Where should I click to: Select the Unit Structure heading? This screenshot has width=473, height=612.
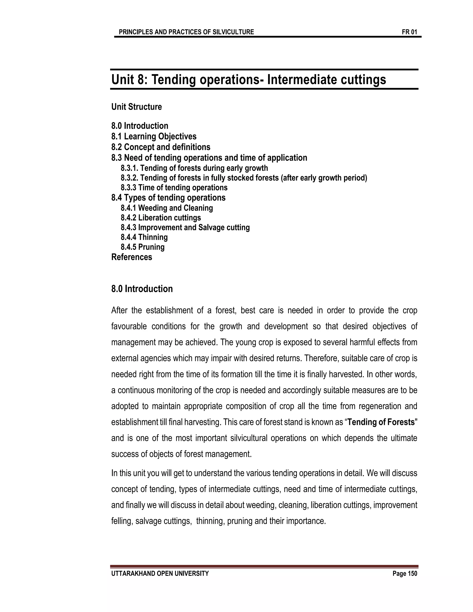click(x=136, y=107)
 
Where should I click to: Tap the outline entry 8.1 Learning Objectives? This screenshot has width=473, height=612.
click(x=154, y=136)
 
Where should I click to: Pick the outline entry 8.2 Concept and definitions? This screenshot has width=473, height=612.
click(x=161, y=147)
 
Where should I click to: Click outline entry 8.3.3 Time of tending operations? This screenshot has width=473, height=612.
click(x=174, y=188)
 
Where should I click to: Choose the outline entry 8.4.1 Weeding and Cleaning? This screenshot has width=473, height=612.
click(x=167, y=208)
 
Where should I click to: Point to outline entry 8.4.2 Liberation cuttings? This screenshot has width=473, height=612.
click(x=161, y=218)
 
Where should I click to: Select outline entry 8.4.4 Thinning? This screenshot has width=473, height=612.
click(x=144, y=237)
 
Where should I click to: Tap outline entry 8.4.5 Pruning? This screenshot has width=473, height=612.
click(x=143, y=247)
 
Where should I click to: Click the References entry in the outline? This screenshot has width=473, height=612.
click(x=131, y=257)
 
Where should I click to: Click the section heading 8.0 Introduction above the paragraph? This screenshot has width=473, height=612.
click(x=142, y=289)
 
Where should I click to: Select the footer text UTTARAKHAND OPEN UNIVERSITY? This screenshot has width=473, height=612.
click(x=160, y=574)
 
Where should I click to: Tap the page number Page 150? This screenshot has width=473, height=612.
click(x=405, y=574)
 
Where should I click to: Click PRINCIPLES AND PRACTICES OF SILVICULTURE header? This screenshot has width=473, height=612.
click(x=186, y=32)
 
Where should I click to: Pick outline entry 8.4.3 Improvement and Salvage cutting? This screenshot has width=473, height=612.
click(x=185, y=227)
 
